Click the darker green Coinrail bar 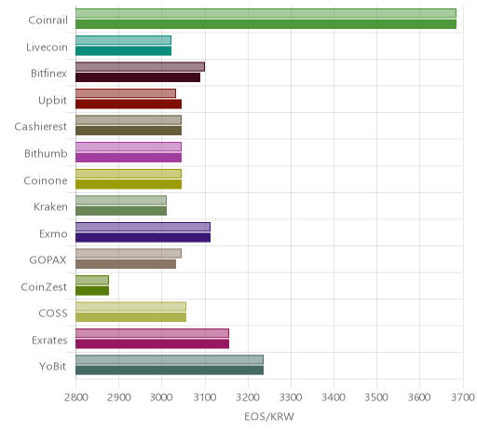click(266, 24)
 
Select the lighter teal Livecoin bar click(123, 40)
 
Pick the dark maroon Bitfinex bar click(138, 77)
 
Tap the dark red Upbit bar click(129, 105)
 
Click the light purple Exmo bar click(143, 227)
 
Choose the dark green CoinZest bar click(92, 291)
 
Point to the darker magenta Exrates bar click(152, 344)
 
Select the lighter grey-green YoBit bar click(170, 360)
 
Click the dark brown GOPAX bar click(126, 264)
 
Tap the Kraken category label click(50, 207)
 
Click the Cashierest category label click(41, 127)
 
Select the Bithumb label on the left click(46, 153)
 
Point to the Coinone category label click(46, 180)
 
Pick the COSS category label click(53, 313)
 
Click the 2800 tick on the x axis click(76, 398)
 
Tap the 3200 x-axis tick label click(248, 398)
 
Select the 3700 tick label click(463, 398)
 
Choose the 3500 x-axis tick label click(376, 398)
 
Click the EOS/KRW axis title click(269, 416)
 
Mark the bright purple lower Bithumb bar click(129, 158)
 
